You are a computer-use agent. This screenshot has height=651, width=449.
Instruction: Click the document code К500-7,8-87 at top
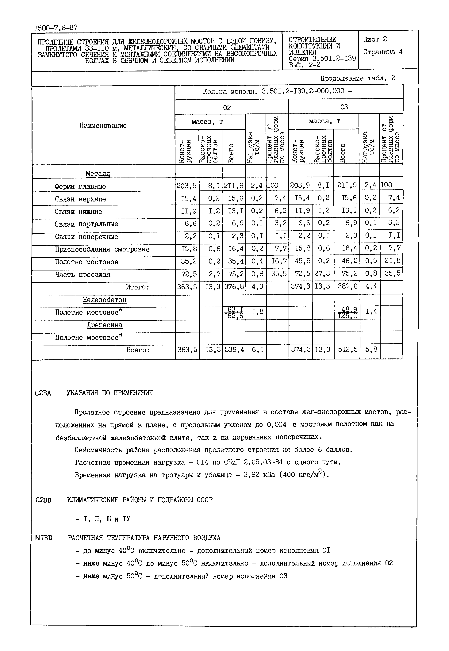click(56, 28)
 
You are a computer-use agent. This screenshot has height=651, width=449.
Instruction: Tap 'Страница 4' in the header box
click(383, 52)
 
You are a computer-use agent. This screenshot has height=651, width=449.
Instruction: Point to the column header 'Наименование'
click(103, 125)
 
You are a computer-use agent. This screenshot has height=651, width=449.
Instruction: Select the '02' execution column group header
click(227, 107)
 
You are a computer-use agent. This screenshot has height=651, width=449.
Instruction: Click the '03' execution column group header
click(344, 107)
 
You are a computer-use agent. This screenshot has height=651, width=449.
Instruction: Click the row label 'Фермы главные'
click(80, 186)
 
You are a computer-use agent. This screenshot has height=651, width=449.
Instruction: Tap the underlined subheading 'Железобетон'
click(105, 300)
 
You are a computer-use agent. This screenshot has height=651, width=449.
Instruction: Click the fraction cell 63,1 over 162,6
click(234, 313)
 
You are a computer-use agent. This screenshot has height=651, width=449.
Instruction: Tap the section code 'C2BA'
click(43, 393)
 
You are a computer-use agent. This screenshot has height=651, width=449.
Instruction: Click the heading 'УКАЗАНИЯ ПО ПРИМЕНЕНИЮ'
click(110, 393)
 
